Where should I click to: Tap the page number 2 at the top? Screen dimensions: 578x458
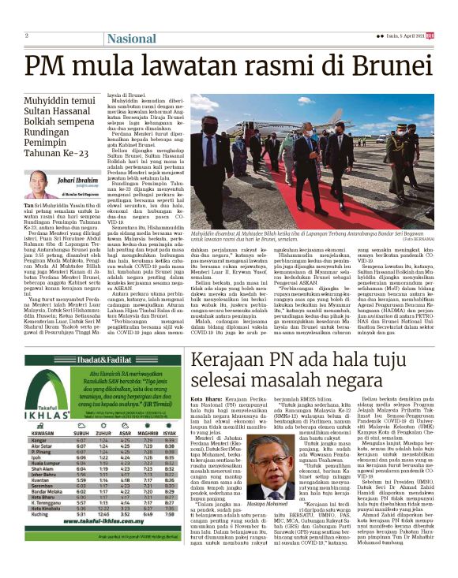pos(26,35)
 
